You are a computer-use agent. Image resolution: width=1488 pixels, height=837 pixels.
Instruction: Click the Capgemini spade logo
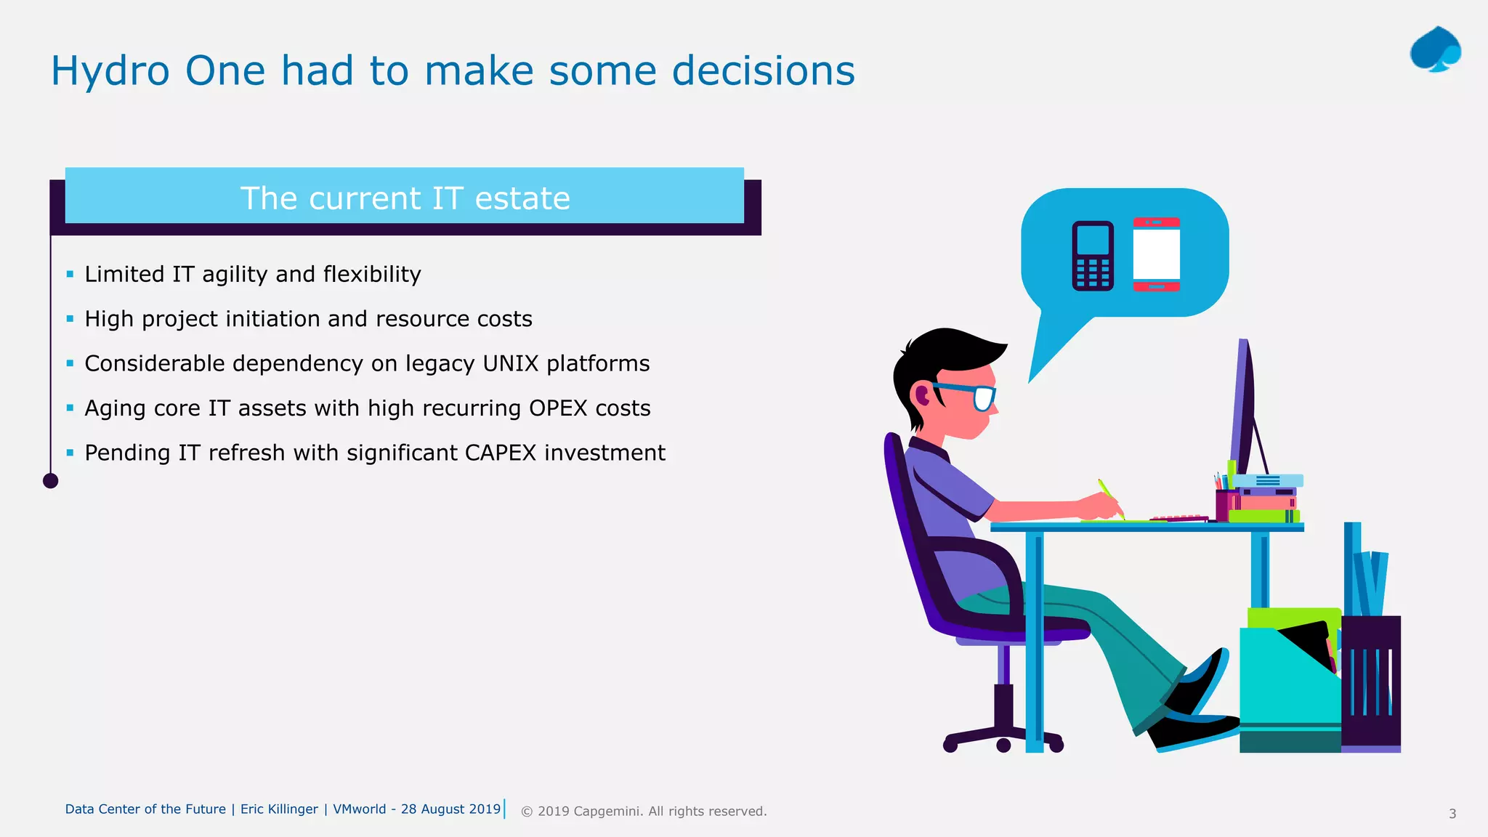pos(1435,49)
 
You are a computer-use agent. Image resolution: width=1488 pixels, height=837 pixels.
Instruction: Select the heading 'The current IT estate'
pos(405,198)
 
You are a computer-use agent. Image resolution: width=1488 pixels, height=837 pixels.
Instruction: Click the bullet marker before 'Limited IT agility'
pos(70,274)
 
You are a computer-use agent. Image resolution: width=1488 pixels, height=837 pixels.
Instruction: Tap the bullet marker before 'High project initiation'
pos(70,318)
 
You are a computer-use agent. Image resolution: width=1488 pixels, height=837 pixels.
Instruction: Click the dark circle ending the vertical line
pos(50,480)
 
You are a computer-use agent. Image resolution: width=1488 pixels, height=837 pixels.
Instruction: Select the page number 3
pos(1452,814)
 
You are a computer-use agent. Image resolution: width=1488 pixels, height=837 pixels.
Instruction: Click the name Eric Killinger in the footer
pos(279,809)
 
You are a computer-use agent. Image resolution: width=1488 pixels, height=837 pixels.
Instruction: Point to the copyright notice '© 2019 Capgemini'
pos(643,812)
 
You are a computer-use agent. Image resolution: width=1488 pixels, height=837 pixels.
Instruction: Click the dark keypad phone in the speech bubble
pos(1093,256)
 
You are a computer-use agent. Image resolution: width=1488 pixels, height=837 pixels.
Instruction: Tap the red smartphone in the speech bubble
pos(1156,254)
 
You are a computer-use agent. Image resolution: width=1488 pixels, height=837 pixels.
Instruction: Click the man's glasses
pos(981,397)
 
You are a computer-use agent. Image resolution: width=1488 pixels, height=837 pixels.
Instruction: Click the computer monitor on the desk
pos(1244,407)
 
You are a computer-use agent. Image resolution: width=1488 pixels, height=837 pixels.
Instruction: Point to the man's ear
pos(923,395)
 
